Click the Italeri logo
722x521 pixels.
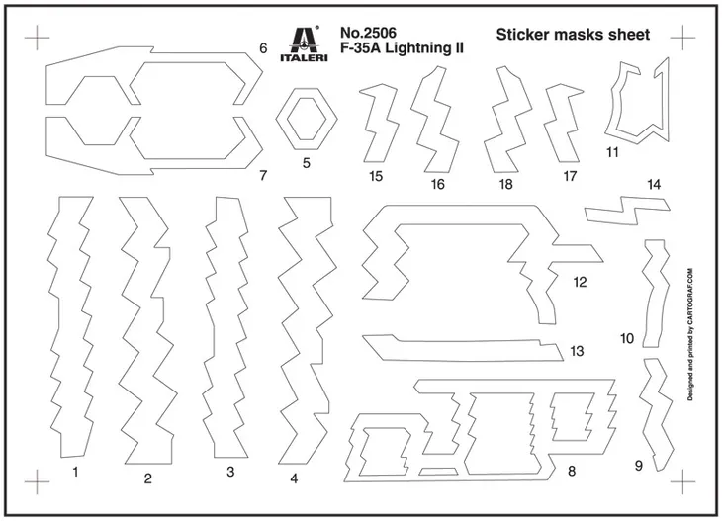(304, 43)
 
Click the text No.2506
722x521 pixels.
(368, 33)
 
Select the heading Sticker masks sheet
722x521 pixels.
(573, 35)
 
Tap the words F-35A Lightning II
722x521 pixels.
(402, 47)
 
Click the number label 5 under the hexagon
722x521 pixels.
(307, 163)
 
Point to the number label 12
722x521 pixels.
(580, 282)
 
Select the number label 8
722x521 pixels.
(572, 471)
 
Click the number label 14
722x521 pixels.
(654, 185)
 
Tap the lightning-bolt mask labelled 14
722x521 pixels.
(627, 211)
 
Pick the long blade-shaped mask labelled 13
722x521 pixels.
(462, 348)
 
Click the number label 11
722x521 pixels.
(612, 152)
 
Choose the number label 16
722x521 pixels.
(437, 185)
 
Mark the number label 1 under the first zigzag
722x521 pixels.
(75, 472)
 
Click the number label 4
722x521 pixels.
(294, 478)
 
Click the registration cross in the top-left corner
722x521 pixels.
(37, 38)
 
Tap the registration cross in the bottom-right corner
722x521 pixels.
(682, 480)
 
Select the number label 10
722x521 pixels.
(627, 339)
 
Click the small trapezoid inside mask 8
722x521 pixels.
(438, 471)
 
